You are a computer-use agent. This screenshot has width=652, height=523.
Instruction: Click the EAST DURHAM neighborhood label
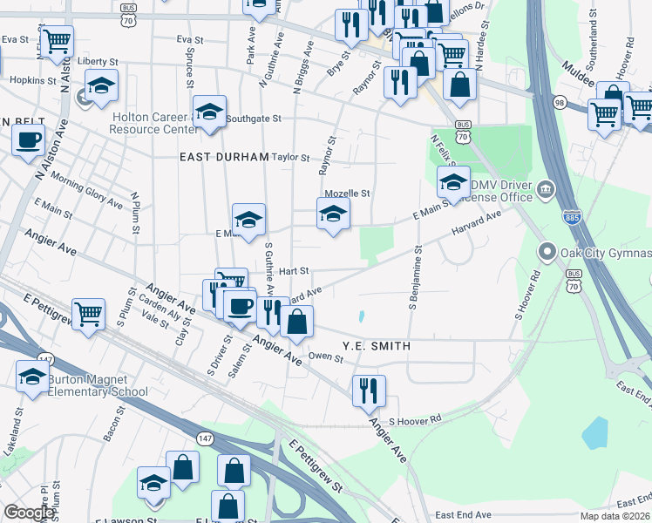(x=224, y=157)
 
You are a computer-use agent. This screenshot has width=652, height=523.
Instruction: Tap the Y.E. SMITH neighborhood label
(x=376, y=346)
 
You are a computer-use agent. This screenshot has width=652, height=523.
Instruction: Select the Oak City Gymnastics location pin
(x=547, y=253)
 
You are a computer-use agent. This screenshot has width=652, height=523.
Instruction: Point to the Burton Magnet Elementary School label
(x=98, y=385)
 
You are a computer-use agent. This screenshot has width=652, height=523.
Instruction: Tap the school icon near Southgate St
(x=209, y=114)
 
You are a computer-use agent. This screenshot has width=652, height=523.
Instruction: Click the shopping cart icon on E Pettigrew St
(x=89, y=315)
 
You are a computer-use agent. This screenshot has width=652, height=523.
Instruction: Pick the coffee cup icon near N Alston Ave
(x=28, y=140)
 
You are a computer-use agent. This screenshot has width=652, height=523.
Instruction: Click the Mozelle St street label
(x=347, y=194)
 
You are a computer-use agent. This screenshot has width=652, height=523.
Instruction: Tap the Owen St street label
(x=326, y=357)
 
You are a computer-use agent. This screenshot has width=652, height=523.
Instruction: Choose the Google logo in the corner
(x=29, y=513)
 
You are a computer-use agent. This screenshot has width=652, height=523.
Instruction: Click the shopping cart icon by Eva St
(x=58, y=40)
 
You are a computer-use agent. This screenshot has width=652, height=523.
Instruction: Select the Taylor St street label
(x=291, y=158)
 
